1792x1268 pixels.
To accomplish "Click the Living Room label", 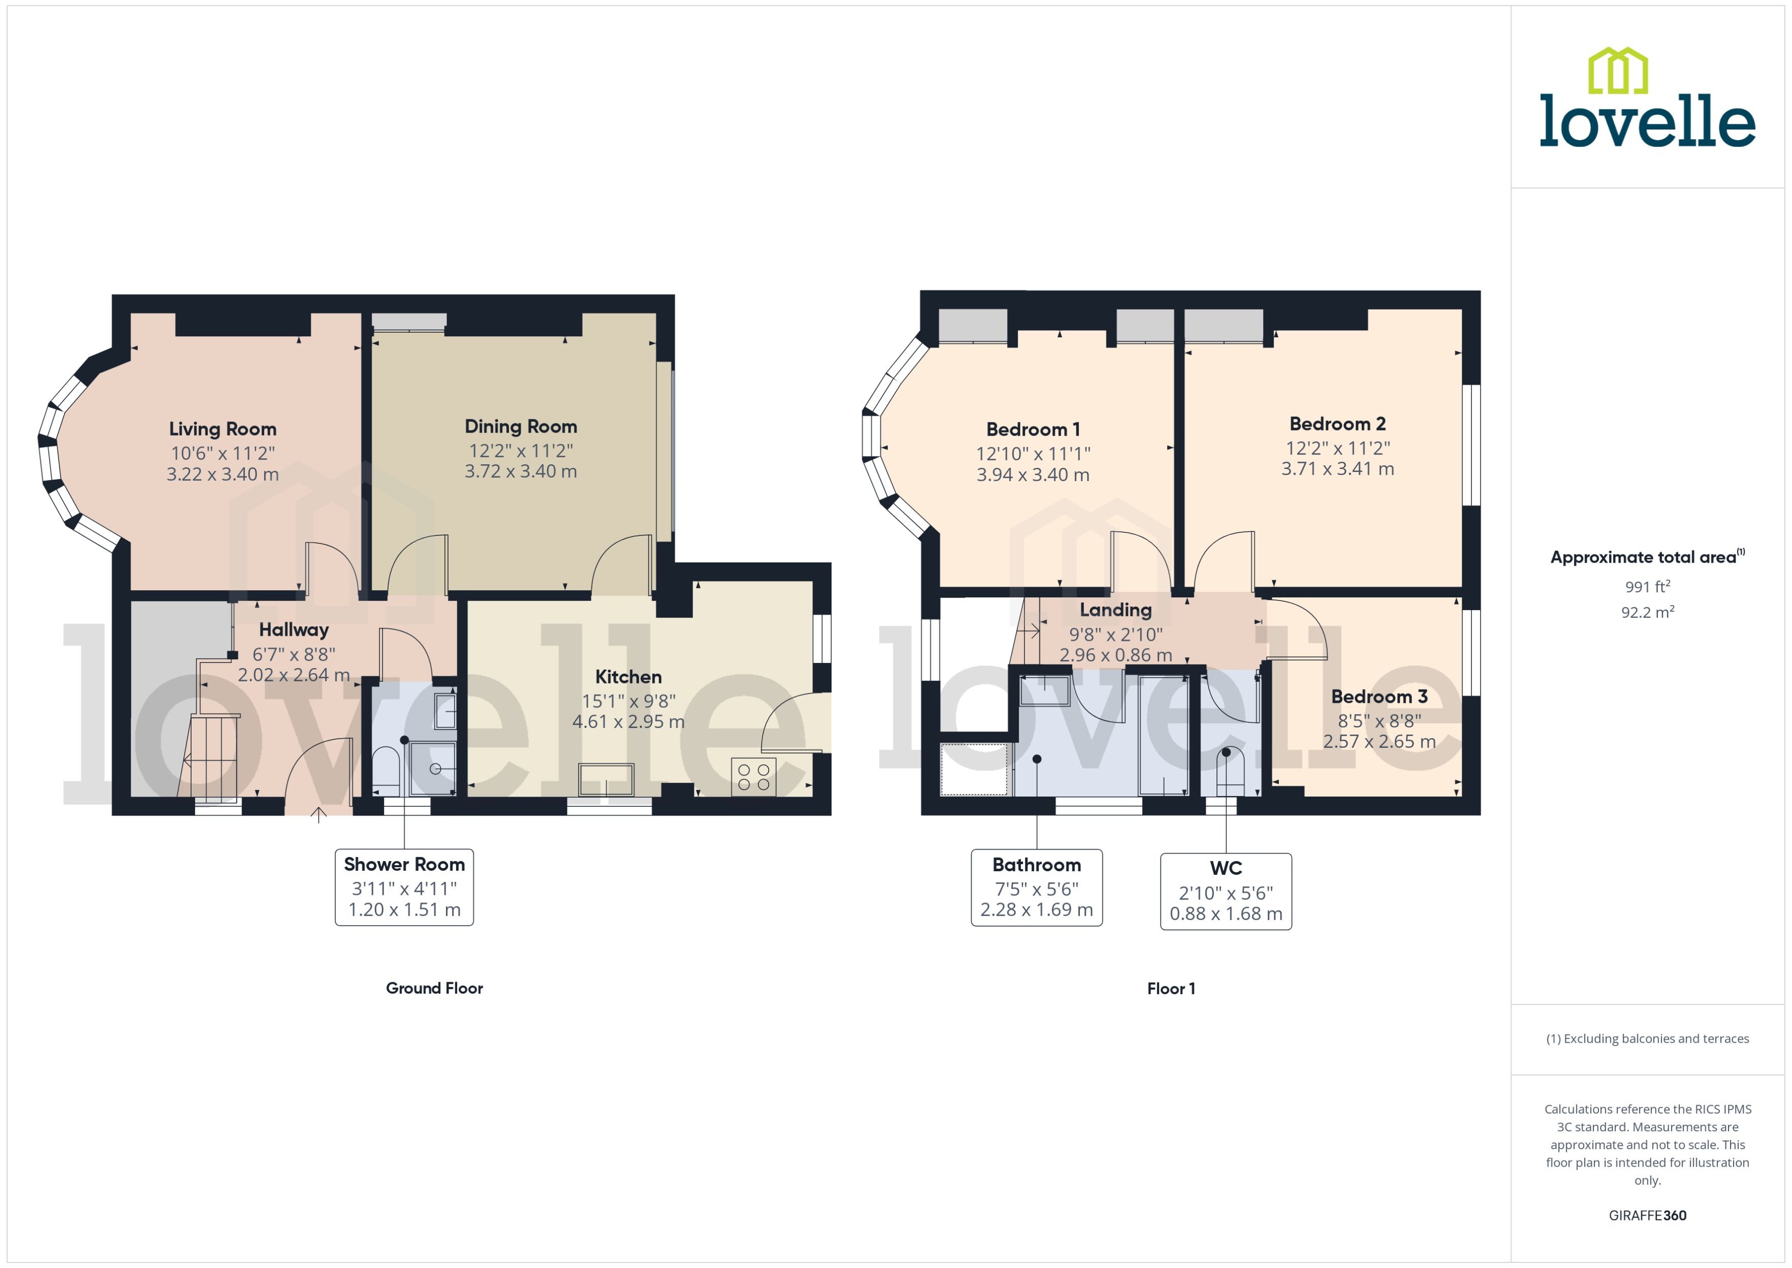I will [x=223, y=428].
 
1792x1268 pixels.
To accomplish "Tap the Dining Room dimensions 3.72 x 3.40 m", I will [x=521, y=471].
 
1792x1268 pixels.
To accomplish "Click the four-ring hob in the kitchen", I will [x=754, y=777].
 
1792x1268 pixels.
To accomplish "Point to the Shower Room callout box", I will [x=403, y=887].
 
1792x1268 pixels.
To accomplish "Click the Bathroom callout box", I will [x=1036, y=888].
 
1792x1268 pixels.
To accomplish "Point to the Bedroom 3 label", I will [x=1379, y=697].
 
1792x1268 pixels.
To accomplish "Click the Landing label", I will [x=1115, y=610].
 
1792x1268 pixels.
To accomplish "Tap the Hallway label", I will [x=293, y=629].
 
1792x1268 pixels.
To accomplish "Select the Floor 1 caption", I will [x=1170, y=989].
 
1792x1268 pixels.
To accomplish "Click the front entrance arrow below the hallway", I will [x=318, y=814].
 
